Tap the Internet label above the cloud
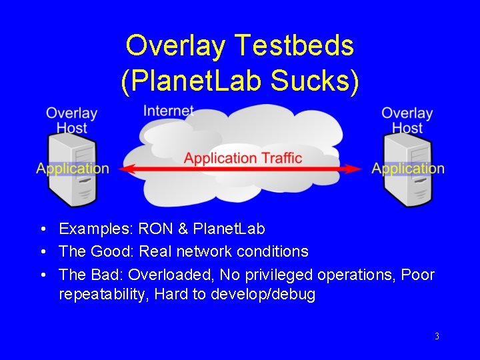point(169,111)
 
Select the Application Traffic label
point(243,158)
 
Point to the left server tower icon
point(72,171)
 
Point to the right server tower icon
point(407,171)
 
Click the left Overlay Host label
point(71,120)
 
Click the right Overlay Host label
point(407,120)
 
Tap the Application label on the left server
point(73,168)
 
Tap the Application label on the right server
point(408,168)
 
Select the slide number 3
point(437,337)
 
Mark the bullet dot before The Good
point(43,252)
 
